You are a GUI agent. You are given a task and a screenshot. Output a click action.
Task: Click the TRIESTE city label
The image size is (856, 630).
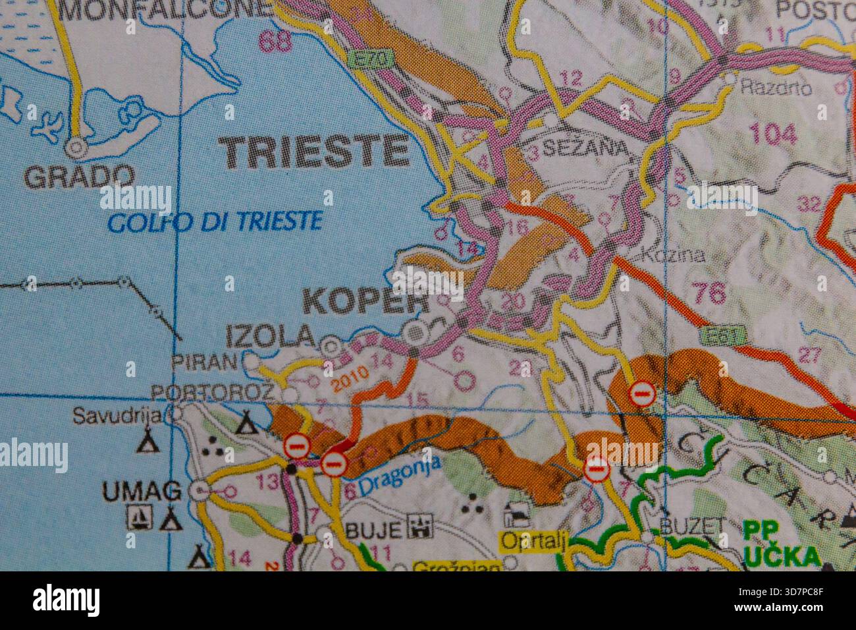315,152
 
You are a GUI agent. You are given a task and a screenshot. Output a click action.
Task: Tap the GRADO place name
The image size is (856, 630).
78,176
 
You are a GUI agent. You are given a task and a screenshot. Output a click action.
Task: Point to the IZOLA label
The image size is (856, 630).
271,337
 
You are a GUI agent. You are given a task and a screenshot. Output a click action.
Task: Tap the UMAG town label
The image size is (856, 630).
141,490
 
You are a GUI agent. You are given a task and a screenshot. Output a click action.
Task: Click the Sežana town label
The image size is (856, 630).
581,146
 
